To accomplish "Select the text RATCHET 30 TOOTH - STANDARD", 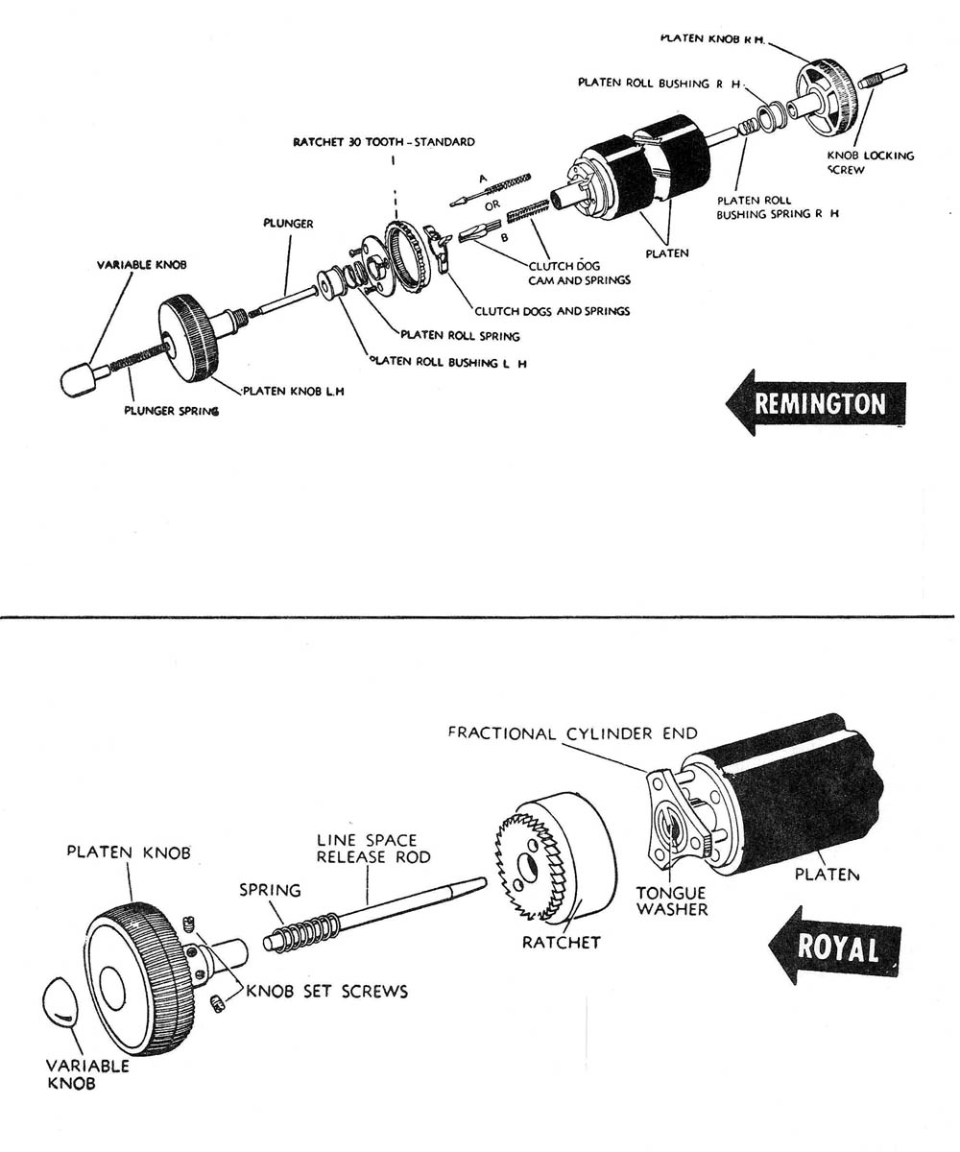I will click(x=384, y=142).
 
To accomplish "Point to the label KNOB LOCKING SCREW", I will click(x=871, y=162).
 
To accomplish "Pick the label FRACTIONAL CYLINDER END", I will click(x=572, y=734).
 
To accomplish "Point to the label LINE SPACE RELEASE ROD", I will click(x=367, y=848).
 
